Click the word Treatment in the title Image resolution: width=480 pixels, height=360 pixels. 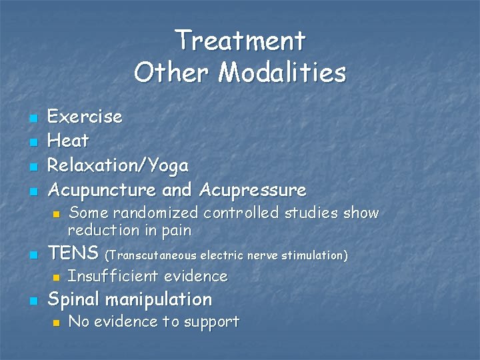pyautogui.click(x=240, y=41)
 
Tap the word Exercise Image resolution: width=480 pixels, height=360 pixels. pyautogui.click(x=85, y=117)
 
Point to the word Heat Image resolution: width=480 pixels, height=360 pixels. pyautogui.click(x=69, y=141)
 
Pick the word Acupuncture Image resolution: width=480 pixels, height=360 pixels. pyautogui.click(x=103, y=190)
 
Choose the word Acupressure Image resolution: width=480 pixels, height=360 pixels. pyautogui.click(x=252, y=190)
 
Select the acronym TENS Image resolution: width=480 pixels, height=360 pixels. pyautogui.click(x=75, y=254)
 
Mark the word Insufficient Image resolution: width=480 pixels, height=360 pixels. pyautogui.click(x=111, y=276)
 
